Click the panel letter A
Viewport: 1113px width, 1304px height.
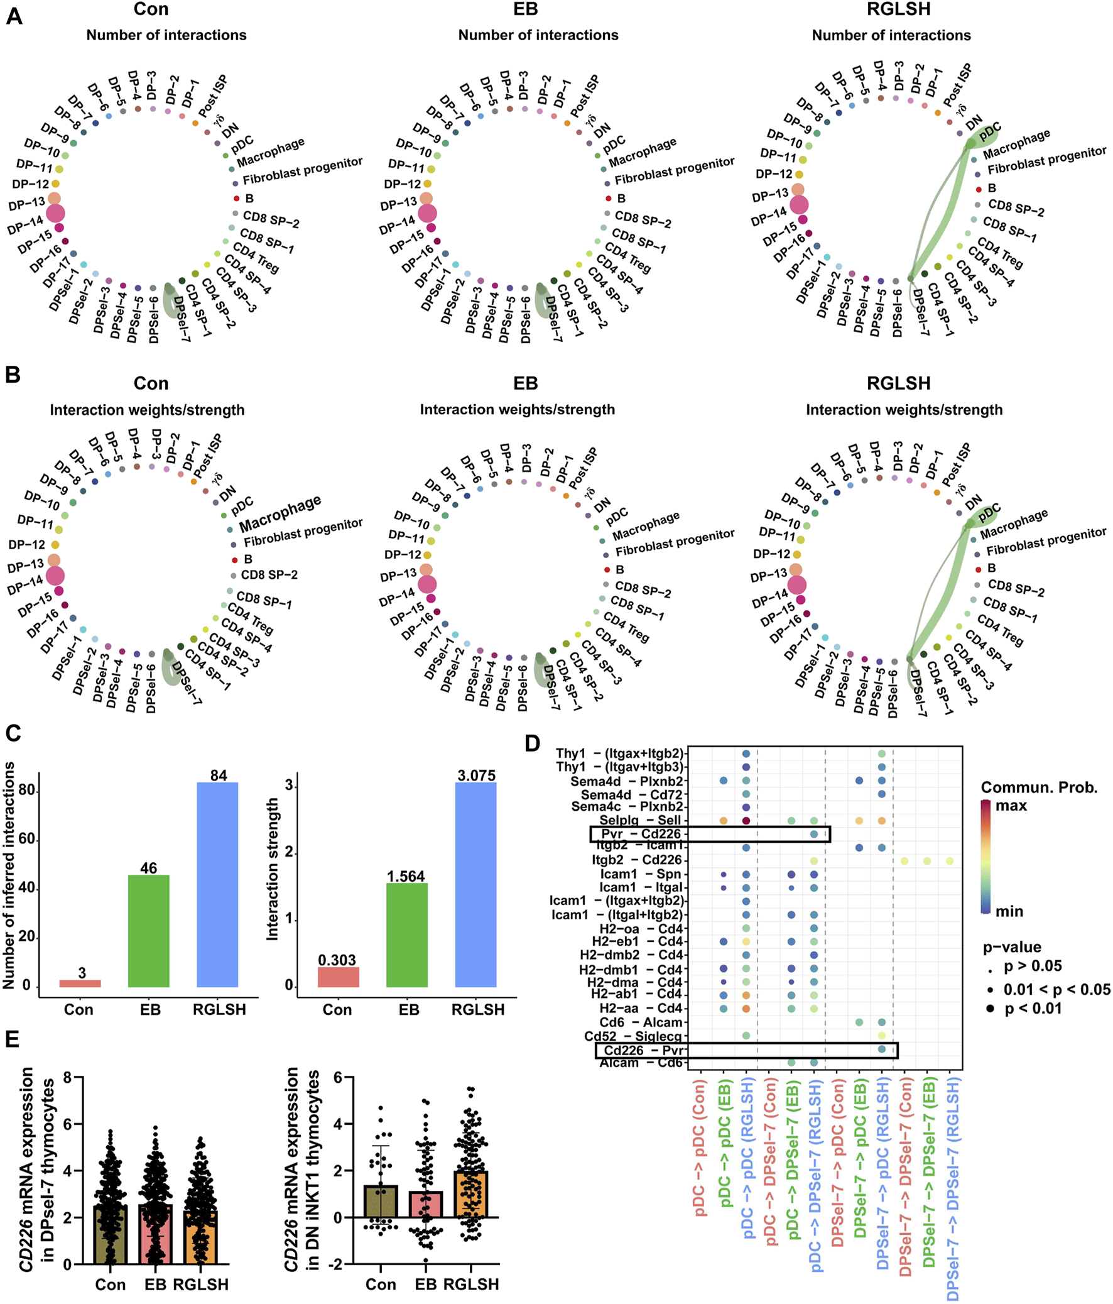click(x=13, y=16)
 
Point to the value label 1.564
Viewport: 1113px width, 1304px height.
click(x=406, y=876)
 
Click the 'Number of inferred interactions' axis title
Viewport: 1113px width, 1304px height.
click(x=9, y=875)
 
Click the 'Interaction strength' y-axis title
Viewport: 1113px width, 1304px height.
click(x=273, y=869)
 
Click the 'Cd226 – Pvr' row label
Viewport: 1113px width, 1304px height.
click(x=643, y=1049)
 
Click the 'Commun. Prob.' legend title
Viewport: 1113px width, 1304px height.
click(x=1039, y=787)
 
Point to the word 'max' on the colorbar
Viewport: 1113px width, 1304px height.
click(x=1011, y=806)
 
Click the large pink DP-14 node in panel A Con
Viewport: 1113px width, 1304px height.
click(x=55, y=214)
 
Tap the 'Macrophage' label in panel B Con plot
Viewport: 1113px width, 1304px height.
click(x=280, y=513)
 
